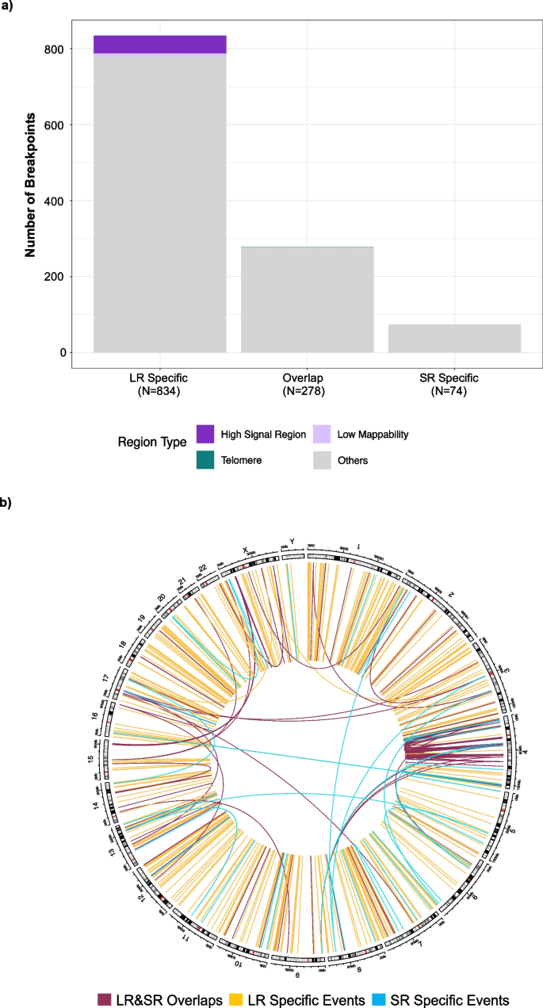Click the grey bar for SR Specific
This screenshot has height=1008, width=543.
pyautogui.click(x=454, y=338)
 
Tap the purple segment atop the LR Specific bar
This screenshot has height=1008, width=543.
pyautogui.click(x=159, y=44)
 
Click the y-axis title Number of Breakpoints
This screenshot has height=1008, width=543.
pyautogui.click(x=31, y=184)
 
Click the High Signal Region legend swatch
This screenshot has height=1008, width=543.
pyautogui.click(x=205, y=434)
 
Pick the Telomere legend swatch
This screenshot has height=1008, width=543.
pyautogui.click(x=205, y=459)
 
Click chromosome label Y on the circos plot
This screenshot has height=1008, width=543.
pyautogui.click(x=292, y=542)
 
